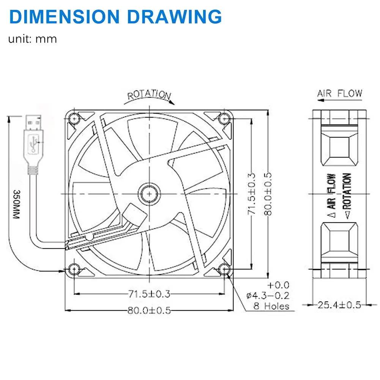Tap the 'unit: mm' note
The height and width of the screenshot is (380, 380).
(33, 39)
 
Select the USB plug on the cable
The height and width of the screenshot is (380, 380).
(34, 144)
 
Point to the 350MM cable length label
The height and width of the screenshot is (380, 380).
(16, 204)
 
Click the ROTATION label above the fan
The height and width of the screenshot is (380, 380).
(149, 95)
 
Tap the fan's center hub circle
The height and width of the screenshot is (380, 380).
(149, 194)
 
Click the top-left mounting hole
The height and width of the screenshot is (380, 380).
(74, 119)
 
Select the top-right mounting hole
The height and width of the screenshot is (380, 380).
(224, 119)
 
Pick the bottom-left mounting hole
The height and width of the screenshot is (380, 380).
(74, 269)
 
